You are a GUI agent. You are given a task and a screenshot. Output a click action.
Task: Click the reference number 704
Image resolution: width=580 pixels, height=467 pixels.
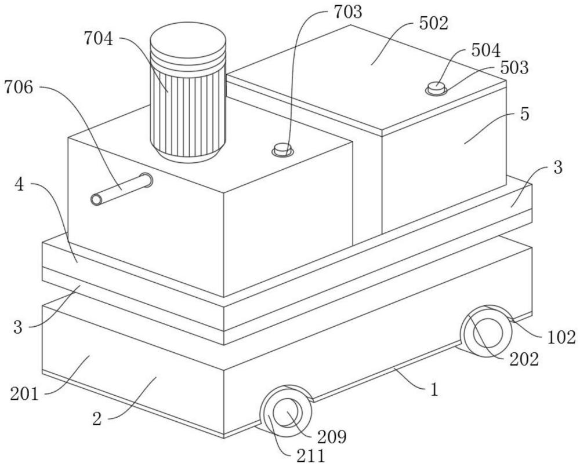pyautogui.click(x=99, y=38)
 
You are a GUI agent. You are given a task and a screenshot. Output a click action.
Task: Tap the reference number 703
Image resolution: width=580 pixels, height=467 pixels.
pyautogui.click(x=347, y=12)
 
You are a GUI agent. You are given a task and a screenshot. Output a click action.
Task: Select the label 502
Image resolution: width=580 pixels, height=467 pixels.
pyautogui.click(x=433, y=23)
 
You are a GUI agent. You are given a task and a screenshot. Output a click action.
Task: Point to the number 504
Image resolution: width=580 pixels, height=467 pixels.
pyautogui.click(x=486, y=50)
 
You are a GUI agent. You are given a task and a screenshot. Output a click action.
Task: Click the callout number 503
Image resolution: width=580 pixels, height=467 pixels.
pyautogui.click(x=514, y=68)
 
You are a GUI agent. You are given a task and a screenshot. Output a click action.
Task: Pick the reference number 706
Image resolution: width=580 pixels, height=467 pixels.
pyautogui.click(x=19, y=87)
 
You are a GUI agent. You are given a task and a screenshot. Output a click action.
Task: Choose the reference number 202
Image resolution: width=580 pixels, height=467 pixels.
pyautogui.click(x=524, y=359)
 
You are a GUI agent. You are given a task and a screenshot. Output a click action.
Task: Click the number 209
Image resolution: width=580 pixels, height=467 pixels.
pyautogui.click(x=332, y=437)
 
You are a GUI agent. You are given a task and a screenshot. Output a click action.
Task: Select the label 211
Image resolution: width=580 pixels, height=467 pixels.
pyautogui.click(x=311, y=457)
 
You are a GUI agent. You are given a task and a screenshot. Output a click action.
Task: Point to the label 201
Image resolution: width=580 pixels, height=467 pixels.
pyautogui.click(x=24, y=395)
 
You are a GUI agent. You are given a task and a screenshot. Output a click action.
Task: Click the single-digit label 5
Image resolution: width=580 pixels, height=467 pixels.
pyautogui.click(x=524, y=115)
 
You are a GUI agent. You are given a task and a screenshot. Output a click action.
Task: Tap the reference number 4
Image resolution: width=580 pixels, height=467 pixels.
pyautogui.click(x=19, y=185)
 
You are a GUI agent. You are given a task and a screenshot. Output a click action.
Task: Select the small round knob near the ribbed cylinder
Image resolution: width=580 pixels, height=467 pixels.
pyautogui.click(x=283, y=149)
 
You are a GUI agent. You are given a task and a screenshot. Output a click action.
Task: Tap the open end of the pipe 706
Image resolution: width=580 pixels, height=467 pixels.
pyautogui.click(x=96, y=199)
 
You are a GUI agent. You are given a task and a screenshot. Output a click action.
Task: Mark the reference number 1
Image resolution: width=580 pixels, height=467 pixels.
pyautogui.click(x=434, y=390)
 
